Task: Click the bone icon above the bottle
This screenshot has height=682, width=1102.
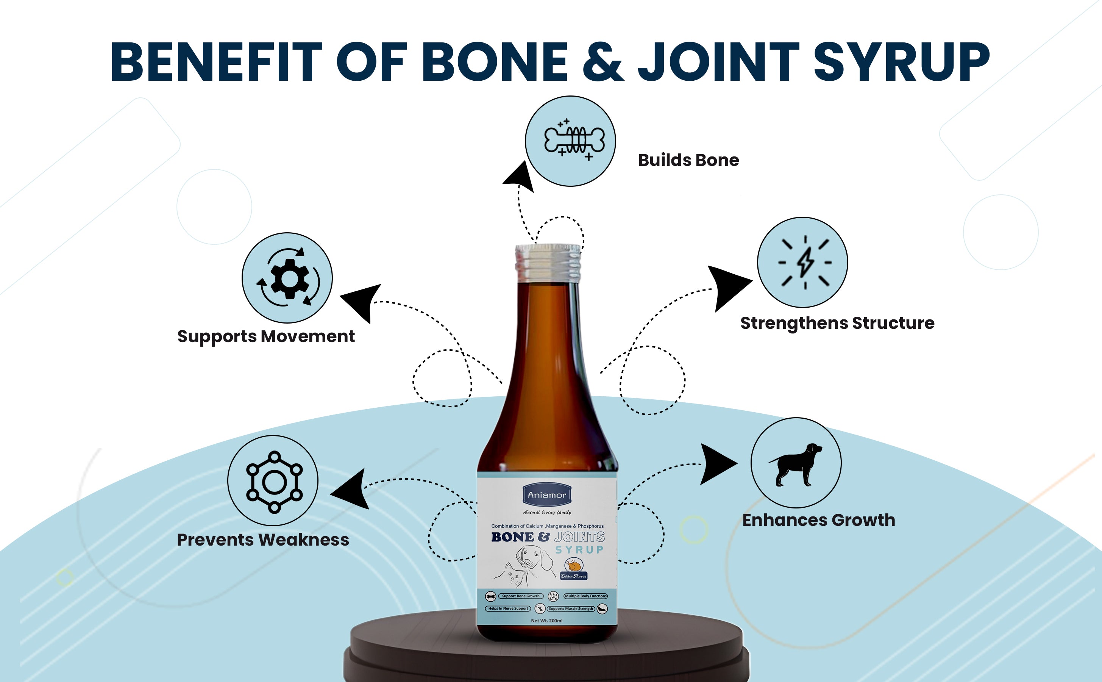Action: (574, 140)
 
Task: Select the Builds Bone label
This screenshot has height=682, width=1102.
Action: (688, 160)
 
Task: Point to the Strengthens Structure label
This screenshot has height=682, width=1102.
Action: (837, 323)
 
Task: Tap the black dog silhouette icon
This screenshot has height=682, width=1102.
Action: (796, 464)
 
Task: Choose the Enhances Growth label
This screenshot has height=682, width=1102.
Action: (818, 520)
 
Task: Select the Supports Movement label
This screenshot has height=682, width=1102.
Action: (266, 336)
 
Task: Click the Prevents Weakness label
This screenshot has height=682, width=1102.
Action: (263, 540)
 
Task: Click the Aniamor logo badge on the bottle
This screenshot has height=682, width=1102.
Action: (547, 495)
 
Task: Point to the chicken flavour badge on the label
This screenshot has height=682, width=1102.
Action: (574, 569)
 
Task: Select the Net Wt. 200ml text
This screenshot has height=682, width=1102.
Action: (546, 621)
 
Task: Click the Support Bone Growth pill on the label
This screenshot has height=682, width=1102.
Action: (521, 596)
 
